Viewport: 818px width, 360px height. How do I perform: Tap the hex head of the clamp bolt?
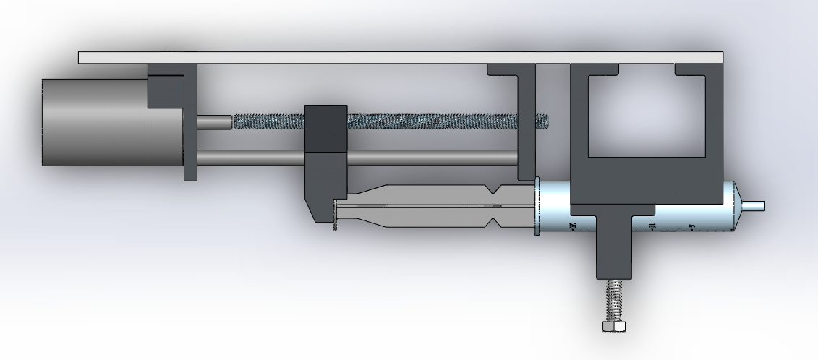pos(613,327)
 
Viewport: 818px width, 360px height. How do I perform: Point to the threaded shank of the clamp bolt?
pos(613,301)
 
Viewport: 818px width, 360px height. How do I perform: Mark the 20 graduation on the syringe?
pos(572,228)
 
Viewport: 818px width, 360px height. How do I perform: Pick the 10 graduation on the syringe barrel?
pos(652,227)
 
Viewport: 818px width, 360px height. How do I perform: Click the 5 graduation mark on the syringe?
pos(691,227)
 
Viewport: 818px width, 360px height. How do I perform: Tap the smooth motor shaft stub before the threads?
pos(214,122)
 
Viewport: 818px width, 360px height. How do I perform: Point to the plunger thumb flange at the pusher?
pos(335,215)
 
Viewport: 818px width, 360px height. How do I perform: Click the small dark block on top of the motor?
pos(165,92)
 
